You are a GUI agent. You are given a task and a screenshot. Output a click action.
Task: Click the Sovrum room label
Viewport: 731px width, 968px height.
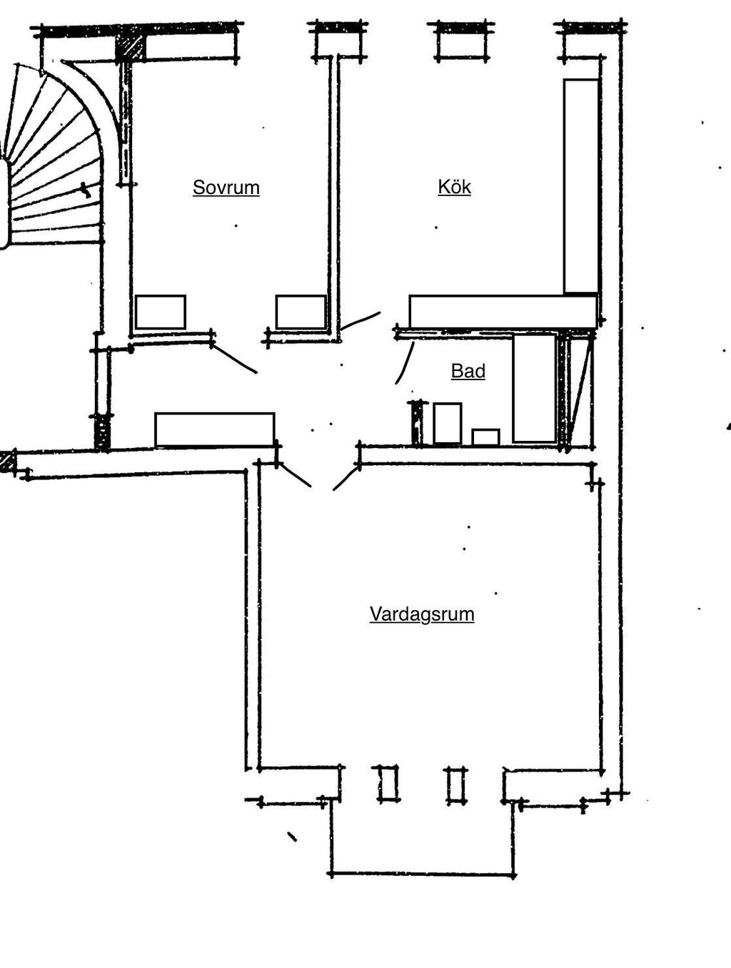226,188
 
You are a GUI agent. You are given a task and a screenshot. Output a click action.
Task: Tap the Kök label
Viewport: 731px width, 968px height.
455,187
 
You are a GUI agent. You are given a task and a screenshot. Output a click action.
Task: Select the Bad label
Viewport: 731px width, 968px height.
468,372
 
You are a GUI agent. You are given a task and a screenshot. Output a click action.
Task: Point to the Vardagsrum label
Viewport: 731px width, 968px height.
422,614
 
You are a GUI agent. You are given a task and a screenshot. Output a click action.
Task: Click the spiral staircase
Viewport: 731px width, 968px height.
53,154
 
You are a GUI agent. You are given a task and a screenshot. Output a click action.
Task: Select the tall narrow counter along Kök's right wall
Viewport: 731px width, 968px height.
581,185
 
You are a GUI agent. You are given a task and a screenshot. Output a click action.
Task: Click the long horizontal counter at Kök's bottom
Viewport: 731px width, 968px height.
503,312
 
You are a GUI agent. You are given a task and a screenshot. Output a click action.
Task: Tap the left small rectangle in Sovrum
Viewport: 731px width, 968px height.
160,312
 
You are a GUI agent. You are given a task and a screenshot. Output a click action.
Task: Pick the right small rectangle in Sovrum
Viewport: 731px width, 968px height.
301,312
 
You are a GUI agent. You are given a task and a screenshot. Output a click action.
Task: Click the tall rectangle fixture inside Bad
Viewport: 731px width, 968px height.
534,388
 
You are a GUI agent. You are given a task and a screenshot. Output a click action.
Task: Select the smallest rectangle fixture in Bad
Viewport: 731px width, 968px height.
485,437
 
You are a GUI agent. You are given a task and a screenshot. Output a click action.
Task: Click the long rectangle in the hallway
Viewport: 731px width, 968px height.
215,429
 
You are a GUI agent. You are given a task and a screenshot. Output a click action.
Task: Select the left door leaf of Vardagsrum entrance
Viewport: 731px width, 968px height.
295,475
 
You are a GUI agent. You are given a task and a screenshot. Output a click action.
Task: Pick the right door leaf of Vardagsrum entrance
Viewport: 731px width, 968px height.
346,479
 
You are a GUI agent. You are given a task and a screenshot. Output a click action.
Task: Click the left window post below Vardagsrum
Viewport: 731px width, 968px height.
388,784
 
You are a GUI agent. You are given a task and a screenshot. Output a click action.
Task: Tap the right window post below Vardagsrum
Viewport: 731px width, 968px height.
455,785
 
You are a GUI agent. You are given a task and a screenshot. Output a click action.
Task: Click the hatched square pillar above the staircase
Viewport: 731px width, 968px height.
130,48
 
